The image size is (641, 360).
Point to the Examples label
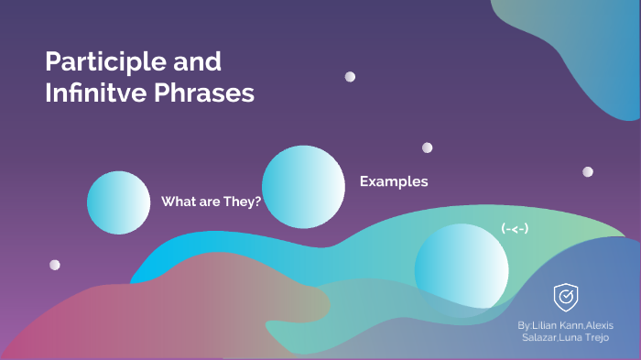pos(393,181)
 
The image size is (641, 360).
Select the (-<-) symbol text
pos(515,228)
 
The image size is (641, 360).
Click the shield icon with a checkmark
pos(565,296)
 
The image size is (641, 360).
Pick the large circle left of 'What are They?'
pos(118,202)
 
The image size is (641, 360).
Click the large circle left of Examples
pos(303,186)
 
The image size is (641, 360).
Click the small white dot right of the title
pos(350,77)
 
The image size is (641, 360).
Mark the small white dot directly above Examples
pos(427,147)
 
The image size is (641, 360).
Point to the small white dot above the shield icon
pos(587,171)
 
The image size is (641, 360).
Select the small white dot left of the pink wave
pos(55,265)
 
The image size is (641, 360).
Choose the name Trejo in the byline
pos(602,339)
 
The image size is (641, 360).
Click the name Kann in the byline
pos(579,325)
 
